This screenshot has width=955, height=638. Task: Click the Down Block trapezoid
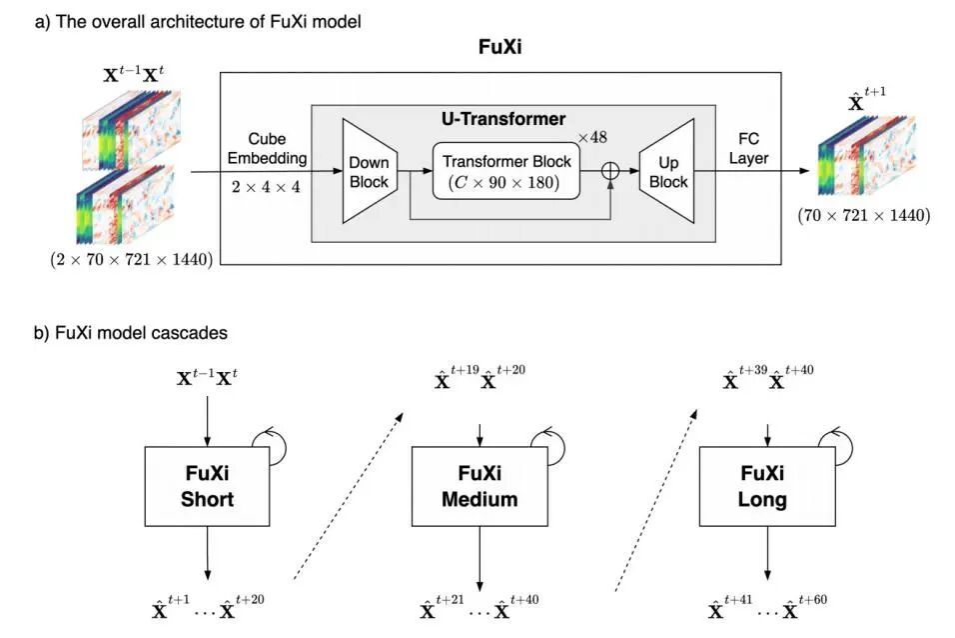click(x=368, y=171)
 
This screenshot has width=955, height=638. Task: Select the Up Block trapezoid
click(x=667, y=171)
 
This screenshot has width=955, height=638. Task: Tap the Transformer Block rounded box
click(x=505, y=170)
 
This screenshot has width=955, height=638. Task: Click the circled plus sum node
click(x=609, y=171)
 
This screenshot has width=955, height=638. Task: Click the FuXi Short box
click(x=209, y=486)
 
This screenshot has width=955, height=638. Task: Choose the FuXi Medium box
click(x=479, y=486)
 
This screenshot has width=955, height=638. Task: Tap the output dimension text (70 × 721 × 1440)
click(x=863, y=215)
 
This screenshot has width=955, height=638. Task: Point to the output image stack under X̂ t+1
click(x=865, y=159)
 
